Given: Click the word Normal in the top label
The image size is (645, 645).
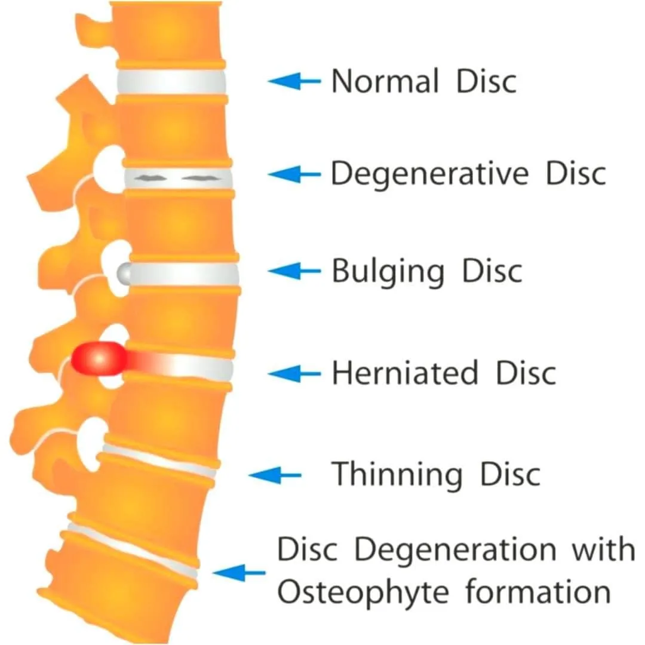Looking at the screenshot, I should [385, 81].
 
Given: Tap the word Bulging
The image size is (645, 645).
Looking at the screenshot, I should [388, 272].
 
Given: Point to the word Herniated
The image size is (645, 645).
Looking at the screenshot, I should [405, 373].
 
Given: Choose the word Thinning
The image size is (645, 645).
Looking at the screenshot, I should [397, 474].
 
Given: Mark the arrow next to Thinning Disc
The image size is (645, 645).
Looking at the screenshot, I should [275, 475].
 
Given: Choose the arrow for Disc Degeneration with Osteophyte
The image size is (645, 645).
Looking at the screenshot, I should [239, 573].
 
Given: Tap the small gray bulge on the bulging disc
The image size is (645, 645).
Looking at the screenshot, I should [123, 273].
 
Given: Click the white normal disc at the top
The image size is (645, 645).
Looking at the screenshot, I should [171, 82].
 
